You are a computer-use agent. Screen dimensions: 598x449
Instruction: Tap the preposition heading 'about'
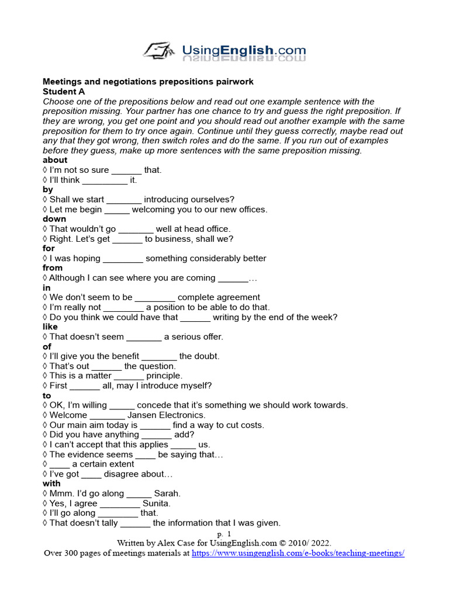pyautogui.click(x=55, y=160)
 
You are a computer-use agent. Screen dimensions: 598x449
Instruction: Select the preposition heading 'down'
pyautogui.click(x=54, y=219)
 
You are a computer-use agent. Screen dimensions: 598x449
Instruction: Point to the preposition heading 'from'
pyautogui.click(x=53, y=268)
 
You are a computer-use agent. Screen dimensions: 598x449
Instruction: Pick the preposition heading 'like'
pyautogui.click(x=50, y=327)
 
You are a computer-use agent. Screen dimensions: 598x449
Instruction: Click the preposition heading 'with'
pyautogui.click(x=51, y=484)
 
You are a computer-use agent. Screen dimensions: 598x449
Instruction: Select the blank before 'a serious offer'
pyautogui.click(x=144, y=337)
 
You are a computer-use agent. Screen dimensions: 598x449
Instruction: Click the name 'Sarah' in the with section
pyautogui.click(x=167, y=493)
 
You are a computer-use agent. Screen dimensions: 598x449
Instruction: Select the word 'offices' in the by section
pyautogui.click(x=250, y=210)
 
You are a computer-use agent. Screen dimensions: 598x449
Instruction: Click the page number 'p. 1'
pyautogui.click(x=224, y=534)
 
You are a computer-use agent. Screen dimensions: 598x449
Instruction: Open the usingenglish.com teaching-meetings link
pyautogui.click(x=298, y=552)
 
